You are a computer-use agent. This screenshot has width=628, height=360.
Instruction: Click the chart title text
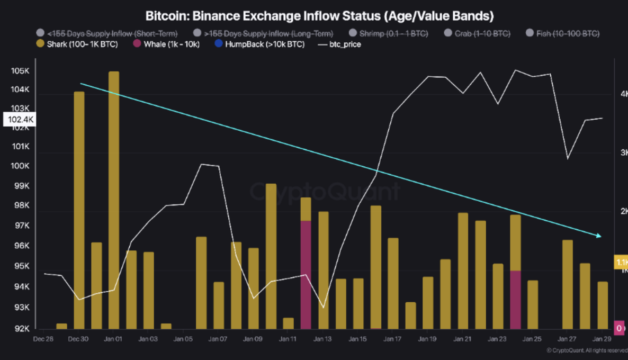[319, 16]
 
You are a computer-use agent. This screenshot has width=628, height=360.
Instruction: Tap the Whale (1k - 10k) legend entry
[166, 44]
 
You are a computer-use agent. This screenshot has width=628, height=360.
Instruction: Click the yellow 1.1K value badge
[621, 262]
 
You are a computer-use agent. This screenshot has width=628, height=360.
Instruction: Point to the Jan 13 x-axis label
[322, 339]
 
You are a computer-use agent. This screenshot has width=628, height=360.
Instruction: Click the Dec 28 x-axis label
[43, 339]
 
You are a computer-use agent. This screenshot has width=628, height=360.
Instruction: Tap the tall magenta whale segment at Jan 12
[306, 275]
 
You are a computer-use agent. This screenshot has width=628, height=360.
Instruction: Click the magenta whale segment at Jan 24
[515, 300]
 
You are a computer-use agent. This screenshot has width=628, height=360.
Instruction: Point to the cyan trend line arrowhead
[599, 236]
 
